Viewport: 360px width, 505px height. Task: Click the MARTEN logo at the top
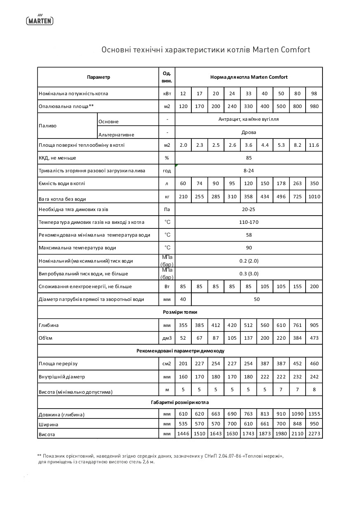(x=40, y=19)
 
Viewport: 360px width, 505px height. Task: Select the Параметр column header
(x=99, y=77)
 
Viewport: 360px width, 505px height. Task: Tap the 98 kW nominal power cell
(x=314, y=94)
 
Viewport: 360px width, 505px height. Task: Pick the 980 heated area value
(x=314, y=106)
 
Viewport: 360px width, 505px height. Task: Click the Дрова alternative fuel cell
(x=249, y=132)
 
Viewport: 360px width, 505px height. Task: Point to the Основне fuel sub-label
(x=108, y=122)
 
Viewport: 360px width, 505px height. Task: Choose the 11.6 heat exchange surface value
(x=314, y=145)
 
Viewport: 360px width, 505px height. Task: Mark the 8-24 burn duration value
(x=249, y=171)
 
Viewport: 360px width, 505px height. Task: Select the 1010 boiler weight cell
(x=314, y=197)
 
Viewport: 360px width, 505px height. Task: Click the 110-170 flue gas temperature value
(x=249, y=222)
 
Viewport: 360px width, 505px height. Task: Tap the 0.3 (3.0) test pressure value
(x=249, y=274)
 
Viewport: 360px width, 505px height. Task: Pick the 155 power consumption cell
(x=297, y=287)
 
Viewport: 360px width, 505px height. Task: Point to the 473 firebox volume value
(x=314, y=338)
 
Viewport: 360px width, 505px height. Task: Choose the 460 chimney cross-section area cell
(x=314, y=364)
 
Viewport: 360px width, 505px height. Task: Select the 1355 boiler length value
(x=314, y=414)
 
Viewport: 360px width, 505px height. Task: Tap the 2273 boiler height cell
(x=314, y=434)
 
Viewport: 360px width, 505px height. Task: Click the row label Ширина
(x=48, y=424)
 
